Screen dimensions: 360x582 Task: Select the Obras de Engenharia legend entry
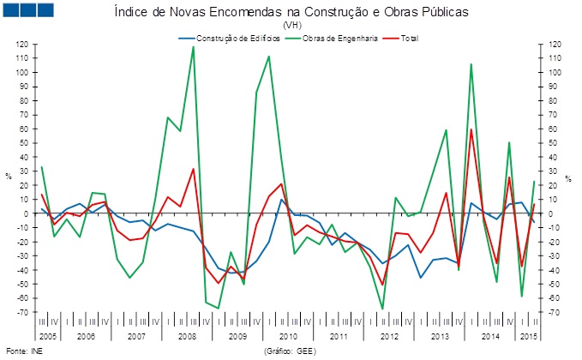330,38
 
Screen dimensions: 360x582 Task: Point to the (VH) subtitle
291,27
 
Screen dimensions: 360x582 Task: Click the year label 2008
187,336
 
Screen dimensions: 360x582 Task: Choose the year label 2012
388,336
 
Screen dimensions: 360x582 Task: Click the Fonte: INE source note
23,351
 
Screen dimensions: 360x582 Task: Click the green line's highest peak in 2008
193,46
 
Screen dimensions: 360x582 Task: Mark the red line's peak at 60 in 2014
471,129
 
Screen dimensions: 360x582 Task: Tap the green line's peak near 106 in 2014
471,64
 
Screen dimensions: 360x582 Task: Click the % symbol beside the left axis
9,177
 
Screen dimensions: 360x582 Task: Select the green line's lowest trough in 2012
382,309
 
